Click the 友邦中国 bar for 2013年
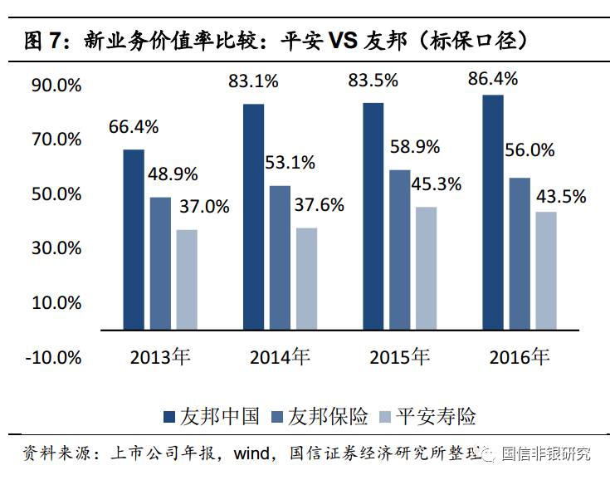point(134,239)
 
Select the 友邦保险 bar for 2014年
point(280,257)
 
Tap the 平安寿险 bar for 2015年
point(426,268)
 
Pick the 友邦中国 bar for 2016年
point(492,213)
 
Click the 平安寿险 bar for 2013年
point(187,279)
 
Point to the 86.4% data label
point(493,80)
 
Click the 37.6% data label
point(320,205)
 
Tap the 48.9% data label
point(173,174)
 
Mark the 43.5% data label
point(560,197)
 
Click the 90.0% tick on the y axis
point(56,86)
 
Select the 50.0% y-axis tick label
point(56,194)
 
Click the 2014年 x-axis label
point(280,358)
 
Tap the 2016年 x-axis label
point(519,358)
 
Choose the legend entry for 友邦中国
point(211,415)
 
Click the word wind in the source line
point(251,453)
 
